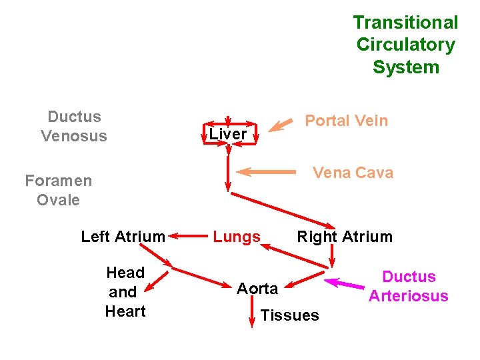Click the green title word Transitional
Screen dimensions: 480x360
[405, 23]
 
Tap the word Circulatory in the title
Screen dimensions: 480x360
[406, 45]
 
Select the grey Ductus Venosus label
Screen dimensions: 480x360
[74, 126]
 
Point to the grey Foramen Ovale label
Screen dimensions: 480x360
[59, 190]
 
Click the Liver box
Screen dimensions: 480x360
[229, 134]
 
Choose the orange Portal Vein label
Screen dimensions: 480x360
[347, 120]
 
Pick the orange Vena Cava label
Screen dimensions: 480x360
[353, 173]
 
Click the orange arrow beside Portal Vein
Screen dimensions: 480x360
[281, 125]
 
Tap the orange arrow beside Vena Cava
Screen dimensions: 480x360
[266, 172]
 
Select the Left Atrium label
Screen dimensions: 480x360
[123, 237]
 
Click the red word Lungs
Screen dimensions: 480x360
[237, 237]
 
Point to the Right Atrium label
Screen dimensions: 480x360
[345, 237]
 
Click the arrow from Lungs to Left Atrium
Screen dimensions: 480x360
[188, 236]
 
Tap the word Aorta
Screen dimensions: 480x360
[257, 289]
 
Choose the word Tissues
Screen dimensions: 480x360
[289, 315]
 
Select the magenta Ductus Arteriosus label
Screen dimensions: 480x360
[409, 286]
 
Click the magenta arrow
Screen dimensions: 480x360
[345, 283]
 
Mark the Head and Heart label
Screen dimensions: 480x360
[125, 292]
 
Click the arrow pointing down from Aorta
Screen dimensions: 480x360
[252, 311]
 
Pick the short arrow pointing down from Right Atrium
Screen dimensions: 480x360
[332, 256]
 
